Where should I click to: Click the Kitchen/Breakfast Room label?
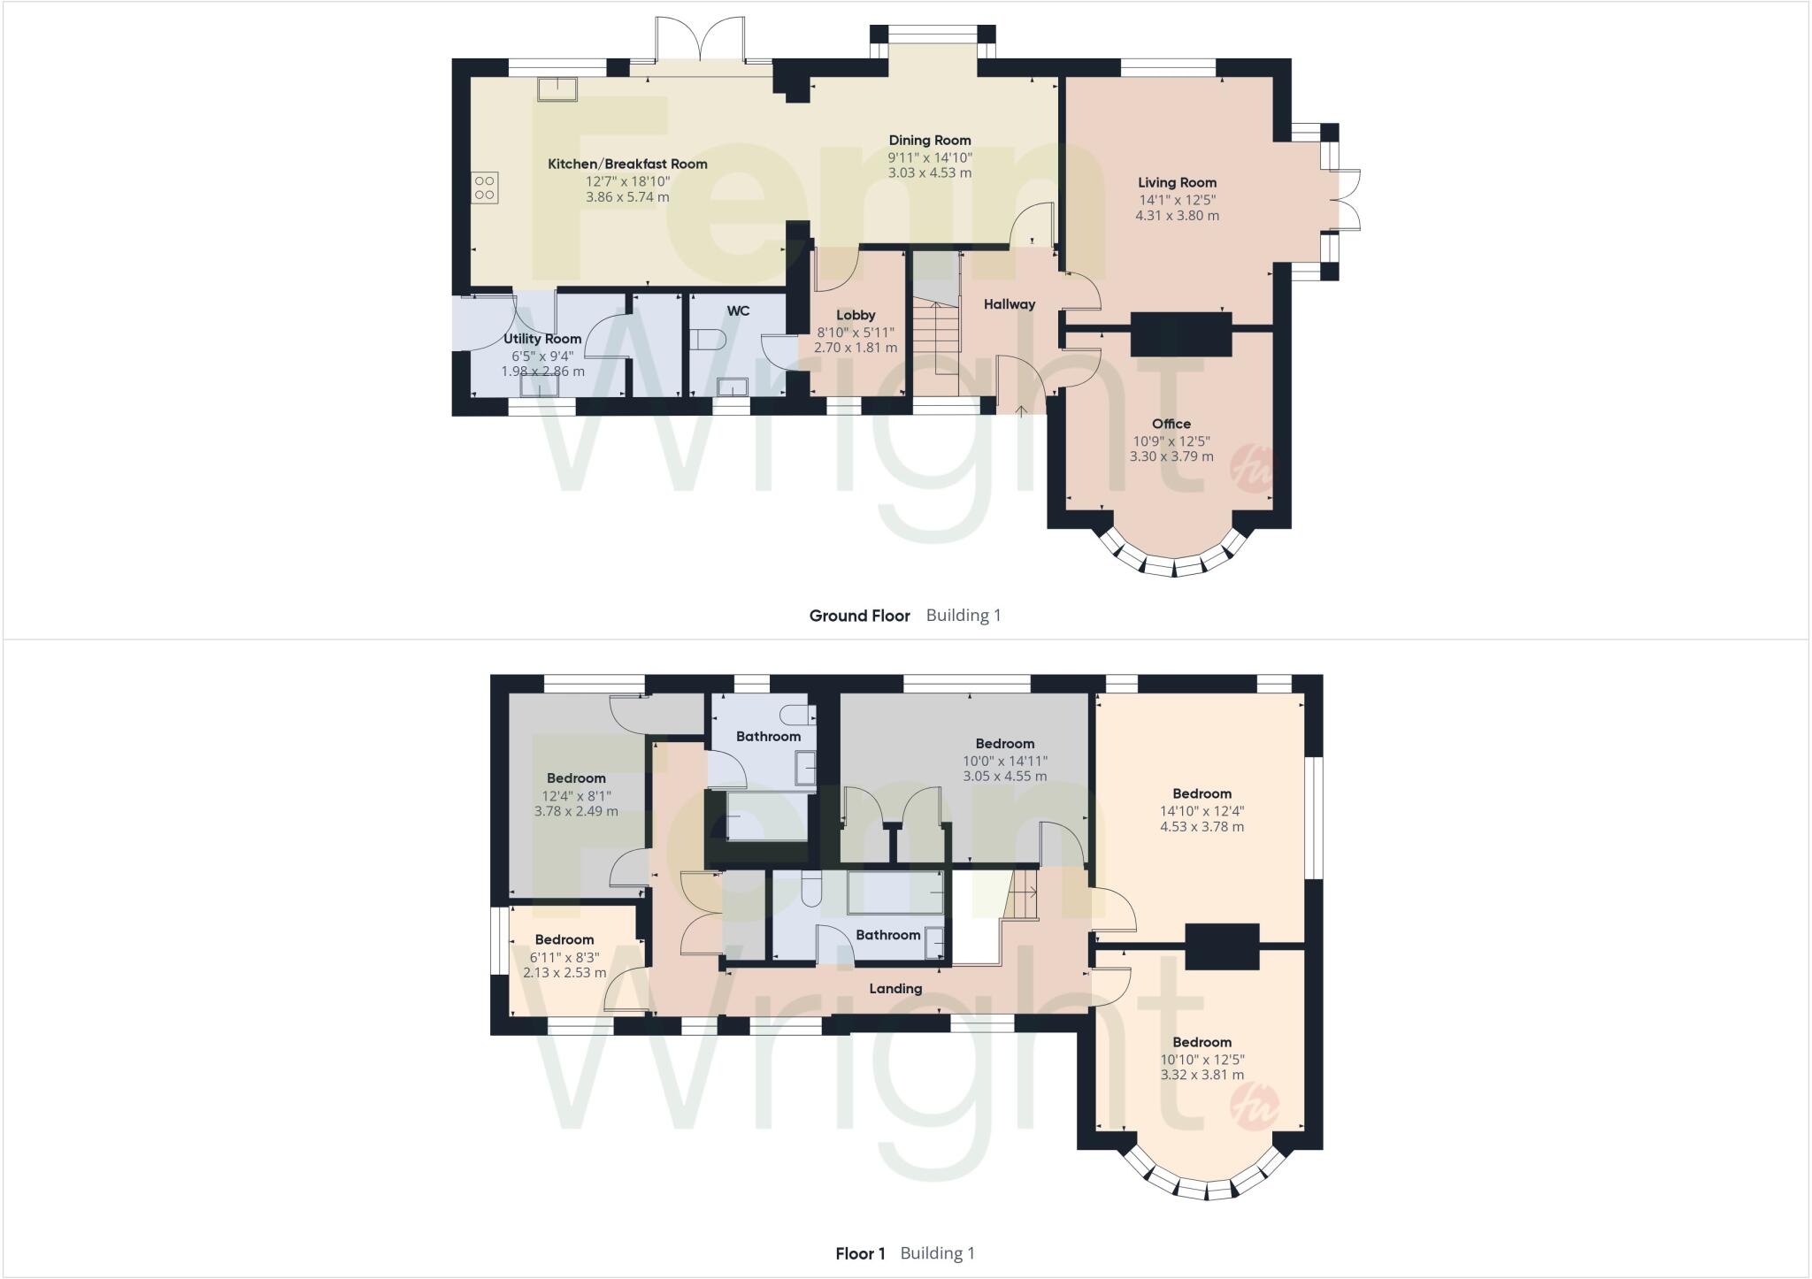627,164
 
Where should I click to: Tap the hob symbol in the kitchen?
485,188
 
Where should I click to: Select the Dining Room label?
929,140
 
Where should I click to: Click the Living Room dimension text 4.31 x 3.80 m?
1177,215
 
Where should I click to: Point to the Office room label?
1171,424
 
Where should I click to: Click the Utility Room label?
542,339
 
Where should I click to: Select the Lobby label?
856,315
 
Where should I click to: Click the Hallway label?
1009,304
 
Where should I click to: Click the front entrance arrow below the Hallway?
1020,410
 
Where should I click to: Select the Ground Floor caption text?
859,616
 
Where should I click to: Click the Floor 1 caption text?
860,1253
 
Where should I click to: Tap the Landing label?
895,989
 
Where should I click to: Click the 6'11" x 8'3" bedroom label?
564,939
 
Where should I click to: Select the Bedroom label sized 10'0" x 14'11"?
1004,744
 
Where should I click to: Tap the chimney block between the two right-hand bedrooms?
1221,946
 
